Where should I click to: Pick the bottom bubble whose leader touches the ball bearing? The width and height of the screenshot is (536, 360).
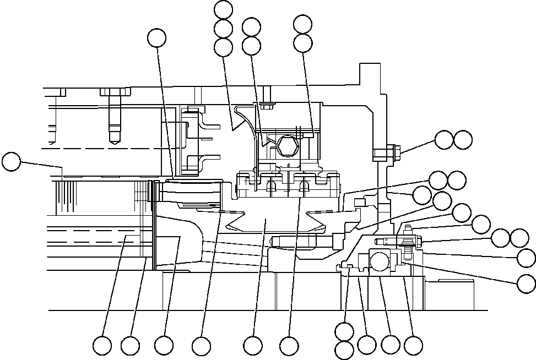point(391,345)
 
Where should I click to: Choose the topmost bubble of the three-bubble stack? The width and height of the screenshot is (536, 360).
point(223,9)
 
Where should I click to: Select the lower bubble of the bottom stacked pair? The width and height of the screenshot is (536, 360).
point(344,350)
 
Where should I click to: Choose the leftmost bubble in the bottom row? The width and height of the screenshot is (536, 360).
point(102,346)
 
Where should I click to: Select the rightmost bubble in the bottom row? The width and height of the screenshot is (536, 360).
point(413,345)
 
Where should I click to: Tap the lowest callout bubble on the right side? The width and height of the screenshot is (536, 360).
point(527,283)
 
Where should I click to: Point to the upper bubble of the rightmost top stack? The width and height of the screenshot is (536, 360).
point(303,24)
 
